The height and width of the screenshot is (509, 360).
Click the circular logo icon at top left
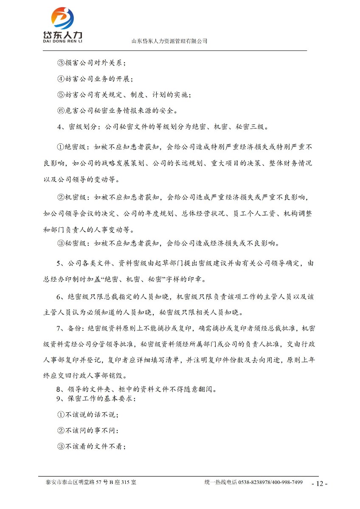[62, 18]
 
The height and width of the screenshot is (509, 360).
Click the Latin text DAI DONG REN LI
[62, 42]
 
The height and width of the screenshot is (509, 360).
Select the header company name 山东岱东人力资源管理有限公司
[169, 41]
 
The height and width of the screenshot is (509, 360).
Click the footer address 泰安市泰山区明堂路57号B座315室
[91, 482]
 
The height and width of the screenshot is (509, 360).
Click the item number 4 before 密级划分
[59, 126]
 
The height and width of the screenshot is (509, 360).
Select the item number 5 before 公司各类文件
[59, 263]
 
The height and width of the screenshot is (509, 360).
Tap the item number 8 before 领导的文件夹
[59, 389]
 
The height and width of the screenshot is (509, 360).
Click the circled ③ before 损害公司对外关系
[60, 63]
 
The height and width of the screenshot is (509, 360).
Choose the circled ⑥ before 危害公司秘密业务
[60, 111]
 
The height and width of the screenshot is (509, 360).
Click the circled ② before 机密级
[60, 197]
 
